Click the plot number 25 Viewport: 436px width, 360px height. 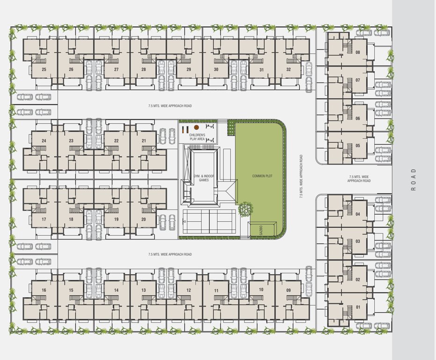tap(44, 69)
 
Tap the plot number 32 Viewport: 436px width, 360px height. tap(288, 69)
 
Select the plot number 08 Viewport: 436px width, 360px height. tap(358, 52)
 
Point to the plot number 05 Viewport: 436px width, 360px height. tap(358, 145)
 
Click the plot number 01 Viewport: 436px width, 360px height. tap(358, 307)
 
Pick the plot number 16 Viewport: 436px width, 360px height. tap(44, 290)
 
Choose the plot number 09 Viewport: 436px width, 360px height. tap(288, 290)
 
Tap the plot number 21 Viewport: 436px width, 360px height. tap(143, 141)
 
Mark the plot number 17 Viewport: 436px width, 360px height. tap(44, 219)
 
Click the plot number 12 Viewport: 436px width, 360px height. tap(188, 290)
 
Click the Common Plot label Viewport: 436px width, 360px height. tap(262, 176)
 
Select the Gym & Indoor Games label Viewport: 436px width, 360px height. tap(204, 178)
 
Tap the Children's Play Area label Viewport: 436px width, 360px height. tap(197, 137)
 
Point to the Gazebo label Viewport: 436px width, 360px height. tap(258, 230)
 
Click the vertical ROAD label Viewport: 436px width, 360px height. tap(413, 180)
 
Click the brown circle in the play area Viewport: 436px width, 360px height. tap(197, 127)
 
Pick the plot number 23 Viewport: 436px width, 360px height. tap(71, 141)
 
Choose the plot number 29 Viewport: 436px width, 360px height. tap(188, 69)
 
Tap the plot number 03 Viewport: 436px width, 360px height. tap(358, 241)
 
